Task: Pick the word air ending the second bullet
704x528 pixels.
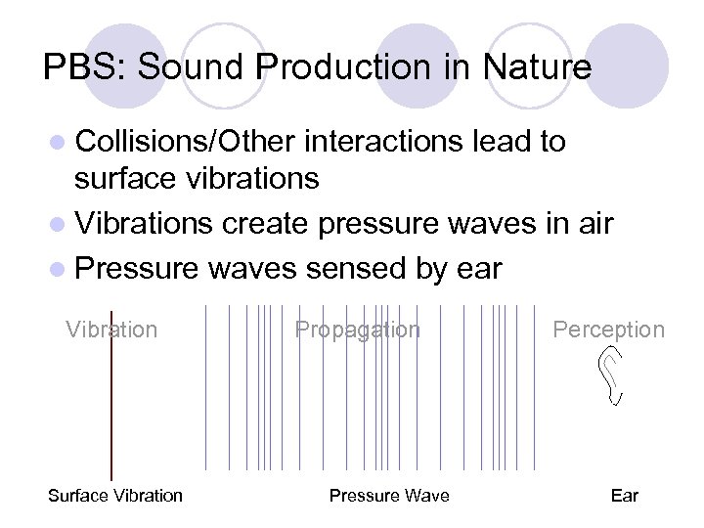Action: (x=591, y=225)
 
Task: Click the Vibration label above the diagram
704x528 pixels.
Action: (x=111, y=330)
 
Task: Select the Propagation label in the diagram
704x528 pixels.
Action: (x=358, y=330)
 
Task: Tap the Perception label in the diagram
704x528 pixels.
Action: (x=608, y=330)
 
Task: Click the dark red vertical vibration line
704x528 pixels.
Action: (x=111, y=411)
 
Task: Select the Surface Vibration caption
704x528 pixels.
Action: (x=115, y=496)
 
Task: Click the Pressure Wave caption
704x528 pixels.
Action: (x=389, y=496)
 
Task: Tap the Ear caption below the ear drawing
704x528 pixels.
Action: (x=624, y=496)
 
